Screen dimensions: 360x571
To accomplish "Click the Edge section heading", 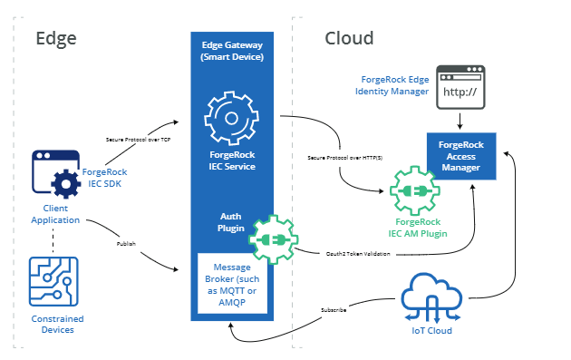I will [x=55, y=38].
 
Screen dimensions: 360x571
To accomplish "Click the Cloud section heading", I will [x=349, y=38].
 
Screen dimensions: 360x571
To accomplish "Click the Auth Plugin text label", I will [x=230, y=222].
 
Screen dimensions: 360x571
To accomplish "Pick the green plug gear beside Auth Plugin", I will [x=273, y=238].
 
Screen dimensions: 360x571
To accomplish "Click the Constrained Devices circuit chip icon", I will [x=54, y=284].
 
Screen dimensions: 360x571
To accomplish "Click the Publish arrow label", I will [x=127, y=244].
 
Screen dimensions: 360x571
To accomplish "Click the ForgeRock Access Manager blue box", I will [x=461, y=154].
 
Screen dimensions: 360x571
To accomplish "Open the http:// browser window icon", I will [x=461, y=87].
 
